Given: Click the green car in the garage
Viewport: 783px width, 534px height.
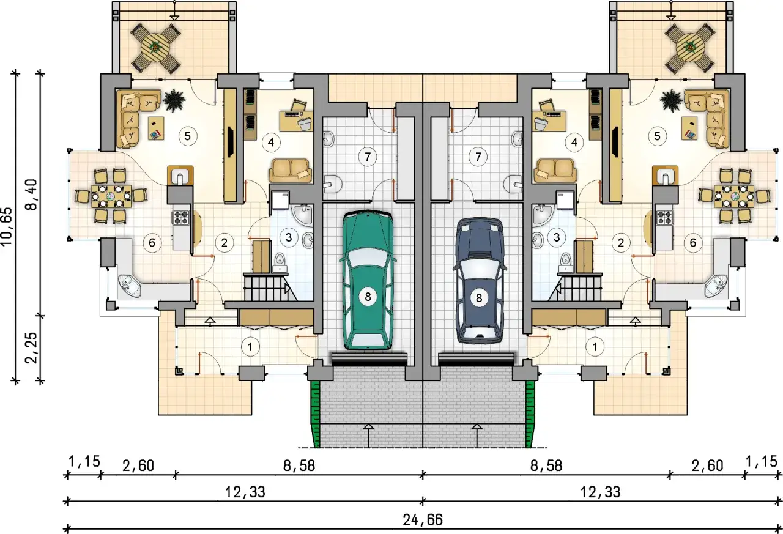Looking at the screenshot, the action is coord(368,280).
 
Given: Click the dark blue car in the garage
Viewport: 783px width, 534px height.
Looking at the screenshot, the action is coord(479,280).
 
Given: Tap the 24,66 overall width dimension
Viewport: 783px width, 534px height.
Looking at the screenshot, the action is coord(423,520).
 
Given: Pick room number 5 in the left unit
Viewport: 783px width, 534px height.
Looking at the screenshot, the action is coord(188,136).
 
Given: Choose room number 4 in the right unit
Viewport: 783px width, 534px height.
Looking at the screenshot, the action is coord(574,143).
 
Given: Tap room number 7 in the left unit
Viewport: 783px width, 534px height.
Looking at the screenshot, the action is coord(368,157).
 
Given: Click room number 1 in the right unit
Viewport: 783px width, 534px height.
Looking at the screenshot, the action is coord(595,347).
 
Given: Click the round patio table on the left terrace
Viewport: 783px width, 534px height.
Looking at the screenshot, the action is coord(155,48).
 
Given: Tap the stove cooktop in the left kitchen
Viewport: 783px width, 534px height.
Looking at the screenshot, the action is coord(180,218).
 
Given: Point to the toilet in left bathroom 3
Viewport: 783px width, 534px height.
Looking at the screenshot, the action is coord(280,262).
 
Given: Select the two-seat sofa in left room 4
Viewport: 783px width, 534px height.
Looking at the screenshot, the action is coord(290,171).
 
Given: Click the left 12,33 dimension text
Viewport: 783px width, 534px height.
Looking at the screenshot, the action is coord(245,492).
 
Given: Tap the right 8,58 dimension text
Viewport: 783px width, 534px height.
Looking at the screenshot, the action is coord(546,466).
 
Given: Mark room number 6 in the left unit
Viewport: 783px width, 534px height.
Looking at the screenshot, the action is coord(152,243).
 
